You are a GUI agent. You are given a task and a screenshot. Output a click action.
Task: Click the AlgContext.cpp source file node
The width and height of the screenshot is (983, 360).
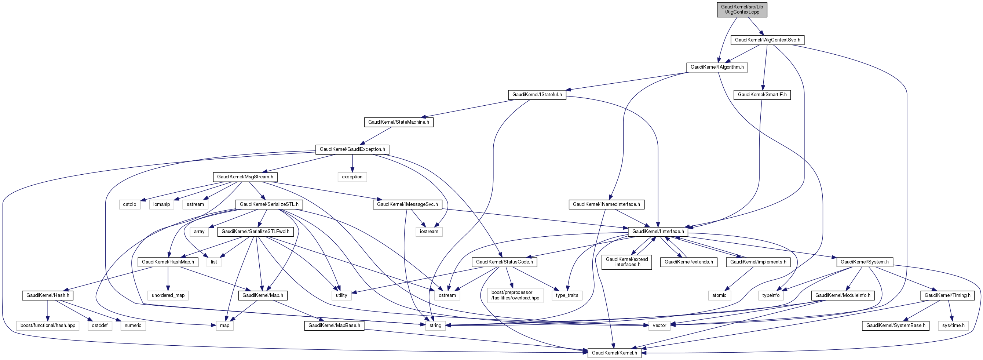(x=742, y=10)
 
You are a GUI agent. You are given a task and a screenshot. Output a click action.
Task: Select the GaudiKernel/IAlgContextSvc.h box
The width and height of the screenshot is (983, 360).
(x=767, y=40)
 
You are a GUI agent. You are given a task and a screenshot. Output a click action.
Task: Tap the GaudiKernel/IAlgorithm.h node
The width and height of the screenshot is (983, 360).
(x=717, y=67)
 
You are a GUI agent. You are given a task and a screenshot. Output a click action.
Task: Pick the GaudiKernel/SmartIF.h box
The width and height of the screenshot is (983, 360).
(x=762, y=95)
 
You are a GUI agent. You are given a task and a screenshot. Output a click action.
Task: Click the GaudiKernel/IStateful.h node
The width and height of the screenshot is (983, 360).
(x=537, y=95)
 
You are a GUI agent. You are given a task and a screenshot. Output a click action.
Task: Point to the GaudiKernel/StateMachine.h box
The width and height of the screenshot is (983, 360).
(x=398, y=122)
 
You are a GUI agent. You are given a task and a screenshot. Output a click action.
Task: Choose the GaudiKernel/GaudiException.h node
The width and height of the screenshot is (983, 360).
(x=352, y=149)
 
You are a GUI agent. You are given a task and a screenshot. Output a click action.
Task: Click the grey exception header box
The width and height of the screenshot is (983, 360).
(x=352, y=177)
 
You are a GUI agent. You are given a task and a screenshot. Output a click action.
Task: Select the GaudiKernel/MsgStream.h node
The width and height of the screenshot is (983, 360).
(x=245, y=177)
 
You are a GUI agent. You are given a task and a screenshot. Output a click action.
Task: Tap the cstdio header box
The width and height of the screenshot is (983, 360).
(x=129, y=204)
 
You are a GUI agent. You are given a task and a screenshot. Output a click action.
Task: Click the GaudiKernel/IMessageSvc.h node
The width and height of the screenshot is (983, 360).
(x=407, y=204)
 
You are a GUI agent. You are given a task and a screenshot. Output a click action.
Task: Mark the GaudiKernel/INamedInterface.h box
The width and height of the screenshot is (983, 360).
(x=606, y=204)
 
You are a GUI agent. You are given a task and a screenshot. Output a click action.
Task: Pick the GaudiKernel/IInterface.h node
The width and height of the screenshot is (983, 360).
(x=658, y=231)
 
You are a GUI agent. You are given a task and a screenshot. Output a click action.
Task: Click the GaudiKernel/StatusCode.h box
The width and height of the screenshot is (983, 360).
(x=504, y=262)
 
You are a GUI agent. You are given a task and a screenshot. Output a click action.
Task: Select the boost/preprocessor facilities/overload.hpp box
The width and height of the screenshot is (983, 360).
(x=515, y=295)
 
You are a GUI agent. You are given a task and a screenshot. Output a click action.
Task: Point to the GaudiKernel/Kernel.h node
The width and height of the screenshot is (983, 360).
(x=614, y=353)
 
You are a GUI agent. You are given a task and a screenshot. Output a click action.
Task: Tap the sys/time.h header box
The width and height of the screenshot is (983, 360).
(x=953, y=326)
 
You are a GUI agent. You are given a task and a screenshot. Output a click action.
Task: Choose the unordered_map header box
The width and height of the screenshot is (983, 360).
(x=168, y=295)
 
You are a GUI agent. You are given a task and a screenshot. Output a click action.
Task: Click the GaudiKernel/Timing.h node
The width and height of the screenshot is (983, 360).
(x=947, y=295)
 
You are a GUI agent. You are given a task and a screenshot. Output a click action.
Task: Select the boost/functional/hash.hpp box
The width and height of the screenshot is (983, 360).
(x=48, y=326)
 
